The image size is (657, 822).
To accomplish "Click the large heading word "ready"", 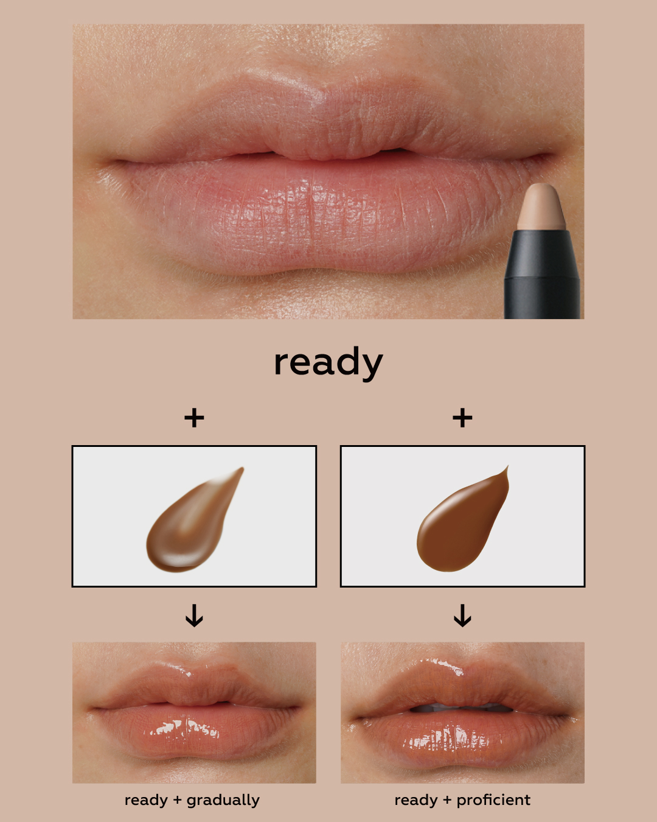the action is (328, 364).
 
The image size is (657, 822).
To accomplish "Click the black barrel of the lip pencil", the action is (542, 275).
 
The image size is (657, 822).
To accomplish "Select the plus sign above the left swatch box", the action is (194, 418).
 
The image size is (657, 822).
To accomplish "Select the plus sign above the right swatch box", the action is (462, 418).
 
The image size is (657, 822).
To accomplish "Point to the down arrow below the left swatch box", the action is (194, 616).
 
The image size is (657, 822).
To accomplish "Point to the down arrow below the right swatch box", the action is (462, 616).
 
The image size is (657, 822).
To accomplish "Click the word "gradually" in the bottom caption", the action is (223, 801).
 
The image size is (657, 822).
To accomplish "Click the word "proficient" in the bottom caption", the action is (493, 800).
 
